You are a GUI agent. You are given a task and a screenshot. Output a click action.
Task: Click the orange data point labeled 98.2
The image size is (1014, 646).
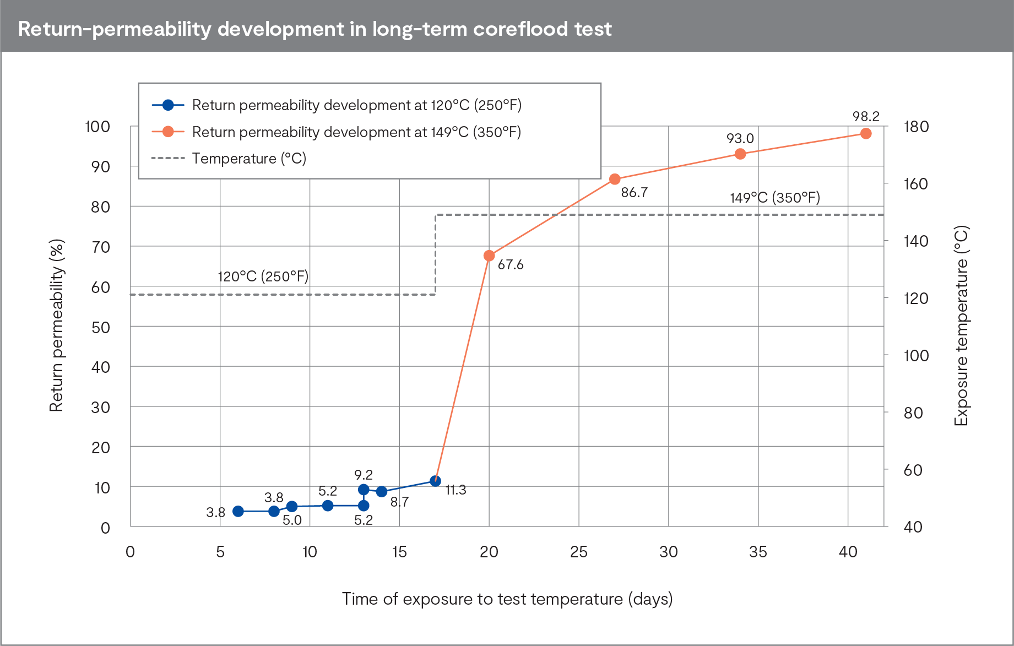point(865,133)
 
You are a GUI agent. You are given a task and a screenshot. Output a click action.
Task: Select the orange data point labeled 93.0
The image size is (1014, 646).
point(740,154)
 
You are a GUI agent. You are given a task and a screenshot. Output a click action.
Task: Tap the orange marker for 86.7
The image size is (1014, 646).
point(615,179)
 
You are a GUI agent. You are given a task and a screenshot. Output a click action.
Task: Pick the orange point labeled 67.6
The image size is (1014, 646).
point(489,256)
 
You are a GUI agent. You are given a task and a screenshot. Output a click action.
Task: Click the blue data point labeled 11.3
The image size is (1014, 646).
point(435,481)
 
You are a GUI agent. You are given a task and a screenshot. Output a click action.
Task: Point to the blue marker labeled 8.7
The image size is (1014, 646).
point(382,491)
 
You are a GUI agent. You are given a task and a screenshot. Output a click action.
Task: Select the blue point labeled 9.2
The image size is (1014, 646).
point(364,490)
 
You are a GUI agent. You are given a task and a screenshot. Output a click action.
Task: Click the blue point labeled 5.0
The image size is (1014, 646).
point(292,506)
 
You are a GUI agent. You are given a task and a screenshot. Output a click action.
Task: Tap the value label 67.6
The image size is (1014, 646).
point(510,265)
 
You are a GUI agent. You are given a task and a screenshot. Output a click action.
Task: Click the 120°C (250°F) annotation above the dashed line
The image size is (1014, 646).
point(263,276)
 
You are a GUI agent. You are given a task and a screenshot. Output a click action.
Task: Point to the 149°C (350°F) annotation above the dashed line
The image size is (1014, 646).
point(774,198)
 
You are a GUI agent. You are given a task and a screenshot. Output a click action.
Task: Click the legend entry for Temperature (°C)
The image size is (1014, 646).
point(248,159)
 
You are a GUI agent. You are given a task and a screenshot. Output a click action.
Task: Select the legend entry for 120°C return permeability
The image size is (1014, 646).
point(356,105)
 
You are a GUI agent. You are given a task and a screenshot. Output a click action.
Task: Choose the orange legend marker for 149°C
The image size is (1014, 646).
point(169,132)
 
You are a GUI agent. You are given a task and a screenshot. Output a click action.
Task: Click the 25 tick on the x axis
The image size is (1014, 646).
point(579,552)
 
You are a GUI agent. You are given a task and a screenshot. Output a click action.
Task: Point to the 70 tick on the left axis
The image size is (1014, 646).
point(101,247)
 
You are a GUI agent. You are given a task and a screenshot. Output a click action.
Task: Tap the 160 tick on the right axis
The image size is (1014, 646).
point(915,184)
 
